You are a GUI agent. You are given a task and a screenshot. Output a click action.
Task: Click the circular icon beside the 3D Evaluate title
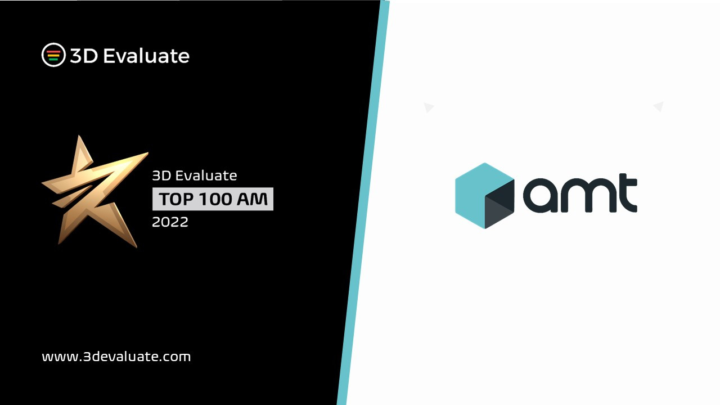pyautogui.click(x=53, y=55)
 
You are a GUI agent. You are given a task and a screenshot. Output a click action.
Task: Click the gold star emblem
pyautogui.click(x=93, y=191)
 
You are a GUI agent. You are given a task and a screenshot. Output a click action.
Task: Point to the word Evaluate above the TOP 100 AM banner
pyautogui.click(x=206, y=175)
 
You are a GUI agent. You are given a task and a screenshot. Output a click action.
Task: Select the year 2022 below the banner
pyautogui.click(x=170, y=222)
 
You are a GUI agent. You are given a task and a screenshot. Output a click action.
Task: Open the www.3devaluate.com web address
pyautogui.click(x=116, y=356)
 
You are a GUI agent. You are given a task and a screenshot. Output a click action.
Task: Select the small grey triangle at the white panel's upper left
pyautogui.click(x=428, y=107)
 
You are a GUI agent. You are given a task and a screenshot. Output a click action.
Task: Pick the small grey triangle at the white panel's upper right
pyautogui.click(x=659, y=106)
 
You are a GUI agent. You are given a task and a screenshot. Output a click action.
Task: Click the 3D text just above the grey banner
pyautogui.click(x=161, y=175)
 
